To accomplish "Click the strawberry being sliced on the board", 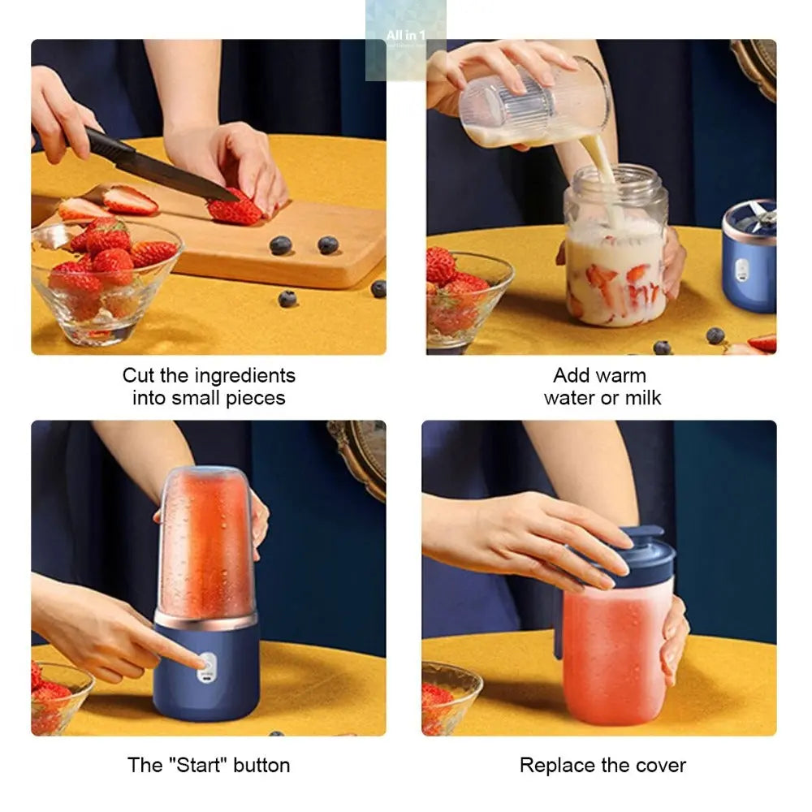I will click(235, 209).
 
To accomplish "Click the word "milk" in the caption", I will click(642, 398).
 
